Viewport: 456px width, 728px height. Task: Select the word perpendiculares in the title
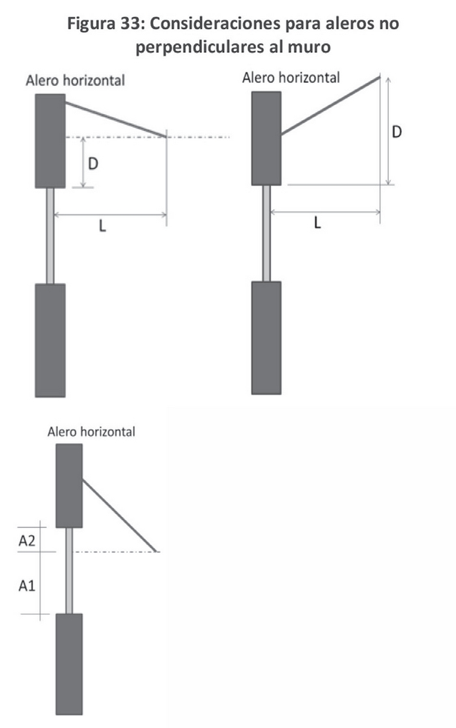197,50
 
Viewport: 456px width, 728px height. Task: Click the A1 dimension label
27,585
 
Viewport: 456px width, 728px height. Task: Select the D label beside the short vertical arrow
93,164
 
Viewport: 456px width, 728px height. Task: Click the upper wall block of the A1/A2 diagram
69,485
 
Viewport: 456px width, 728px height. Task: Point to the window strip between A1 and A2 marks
69,570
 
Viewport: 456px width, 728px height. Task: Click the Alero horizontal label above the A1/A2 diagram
91,432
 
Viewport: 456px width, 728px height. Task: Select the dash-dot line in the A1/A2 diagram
117,552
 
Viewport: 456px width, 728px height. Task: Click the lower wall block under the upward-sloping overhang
266,337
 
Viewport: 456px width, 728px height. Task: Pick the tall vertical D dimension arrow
388,130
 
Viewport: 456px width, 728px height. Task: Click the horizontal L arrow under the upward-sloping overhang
326,211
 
